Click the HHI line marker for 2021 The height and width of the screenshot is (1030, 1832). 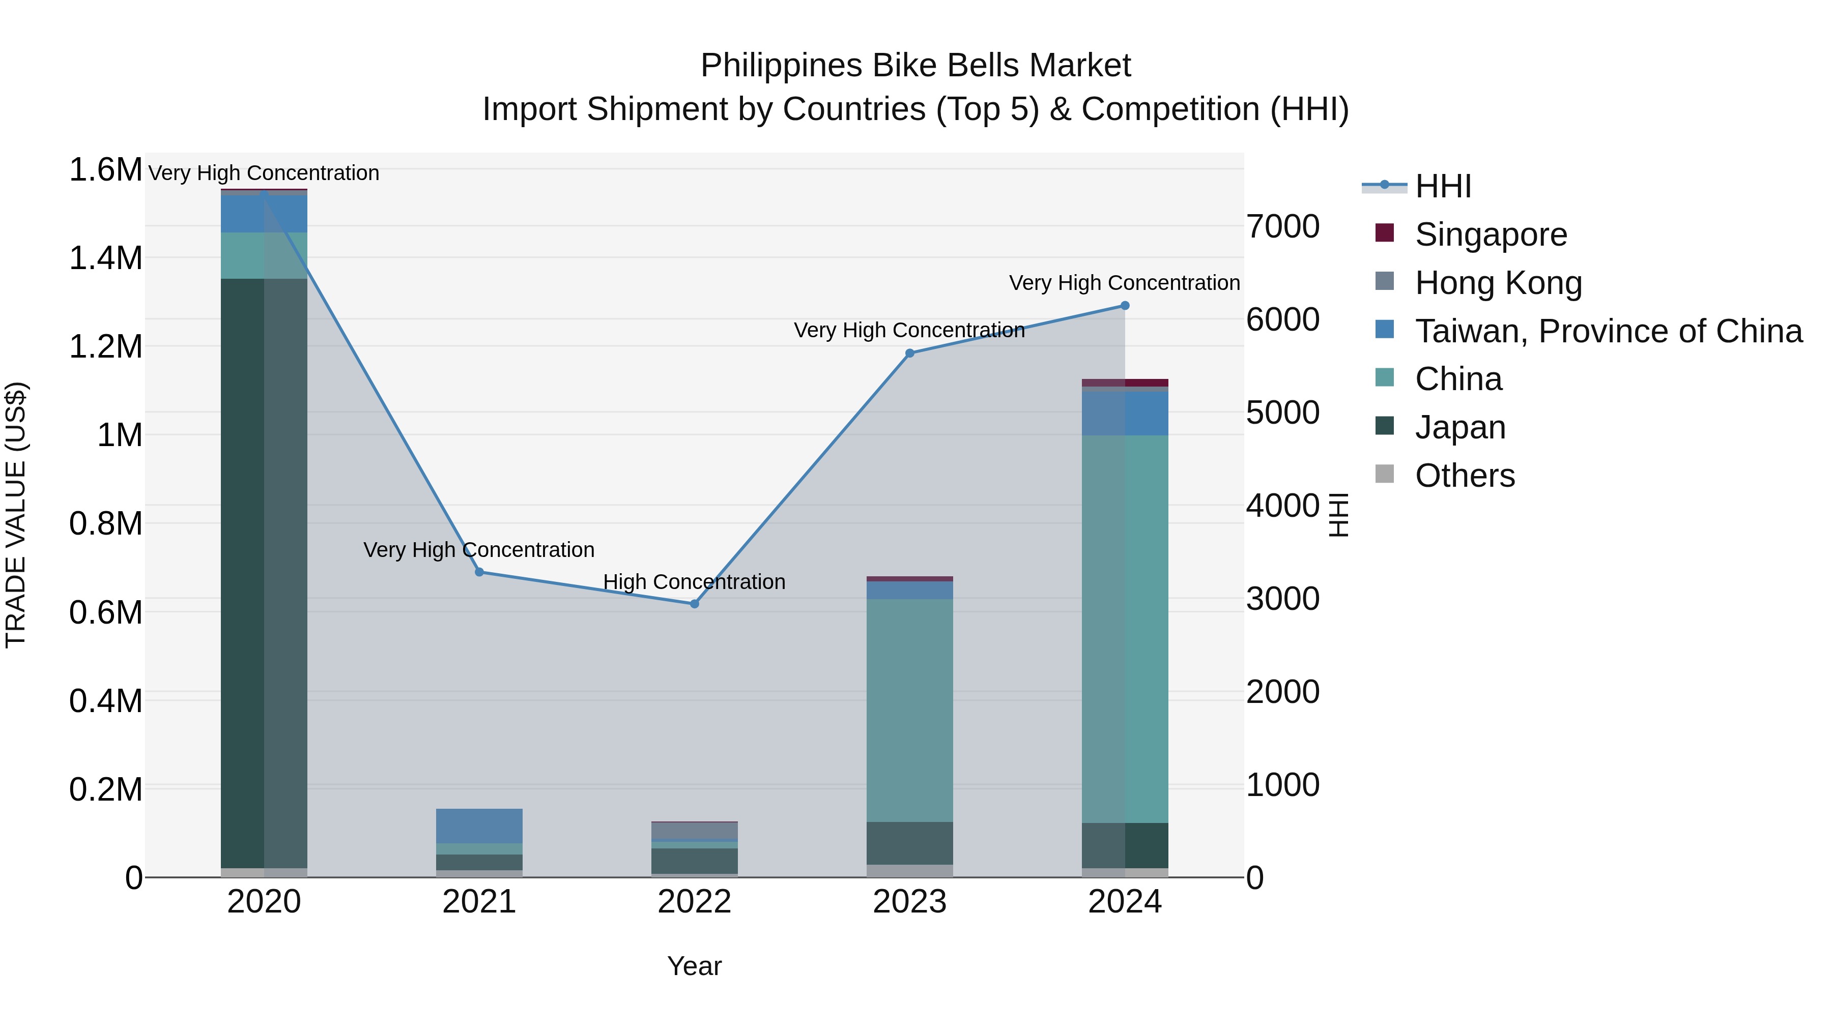point(479,572)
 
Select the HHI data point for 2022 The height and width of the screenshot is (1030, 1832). point(695,604)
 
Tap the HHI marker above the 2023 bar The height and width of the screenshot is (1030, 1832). point(909,354)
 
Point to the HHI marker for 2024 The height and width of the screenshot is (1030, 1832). point(1125,306)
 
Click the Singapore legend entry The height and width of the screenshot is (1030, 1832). point(1491,234)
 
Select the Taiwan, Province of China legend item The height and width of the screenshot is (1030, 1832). point(1608,331)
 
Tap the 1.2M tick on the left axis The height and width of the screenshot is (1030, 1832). point(105,347)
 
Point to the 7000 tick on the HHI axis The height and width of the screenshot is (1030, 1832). point(1282,227)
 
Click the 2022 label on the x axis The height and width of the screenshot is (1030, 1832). point(694,902)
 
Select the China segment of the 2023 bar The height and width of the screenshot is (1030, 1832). point(909,711)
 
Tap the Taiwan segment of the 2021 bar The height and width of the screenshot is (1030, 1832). point(479,826)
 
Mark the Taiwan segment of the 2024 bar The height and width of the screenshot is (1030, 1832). point(1125,413)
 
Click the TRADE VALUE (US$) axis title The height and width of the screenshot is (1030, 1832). point(16,515)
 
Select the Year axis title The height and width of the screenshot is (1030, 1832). point(694,966)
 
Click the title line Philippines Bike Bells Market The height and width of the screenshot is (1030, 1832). point(915,66)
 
